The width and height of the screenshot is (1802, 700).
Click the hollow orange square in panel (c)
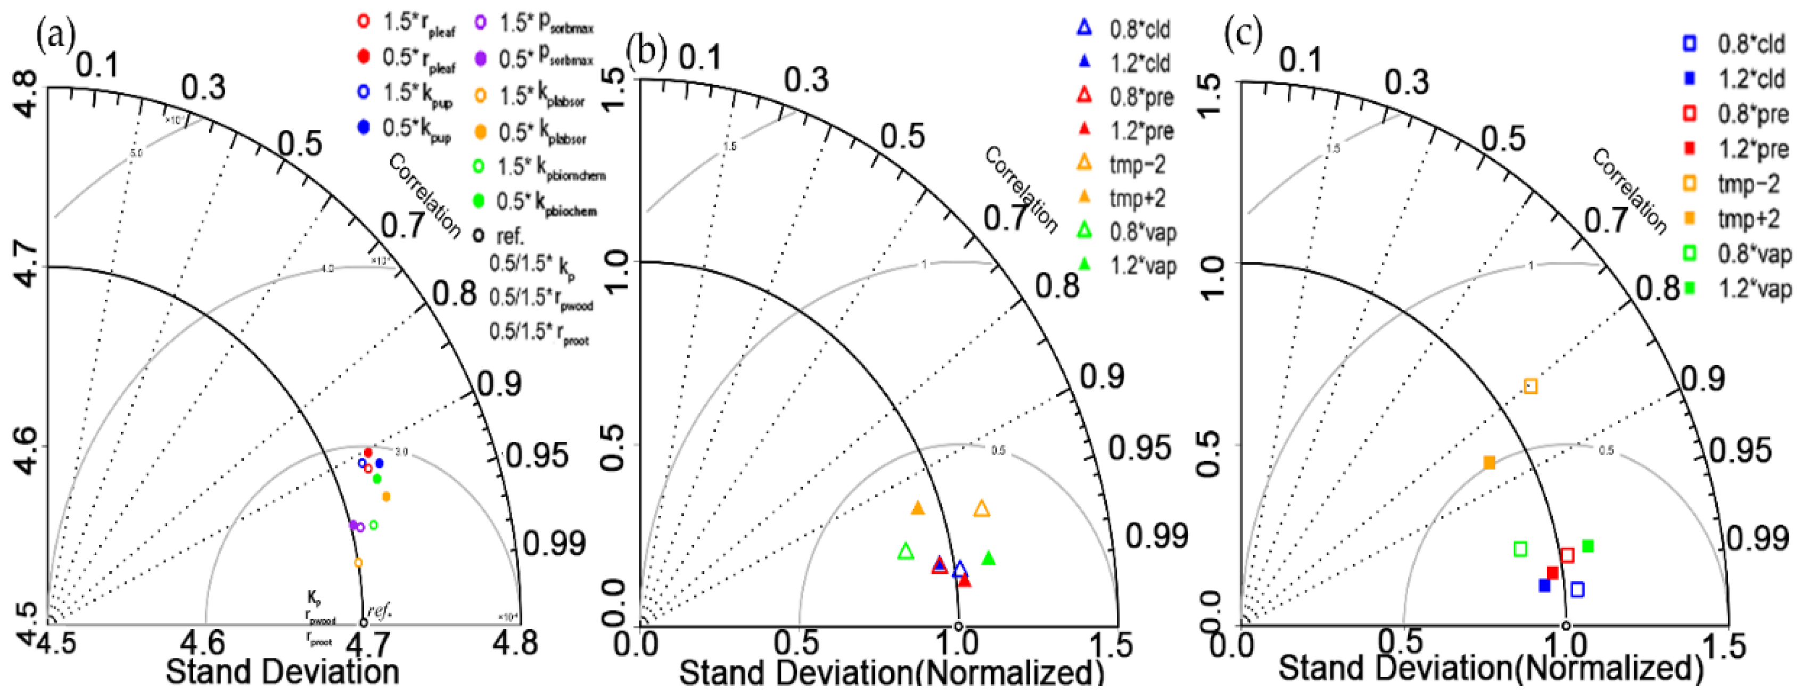pyautogui.click(x=1531, y=386)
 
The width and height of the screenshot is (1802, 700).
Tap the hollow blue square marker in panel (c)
pyautogui.click(x=1577, y=589)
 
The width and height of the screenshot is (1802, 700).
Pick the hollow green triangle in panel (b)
pyautogui.click(x=906, y=551)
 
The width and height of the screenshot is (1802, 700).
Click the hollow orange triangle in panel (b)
pyautogui.click(x=982, y=508)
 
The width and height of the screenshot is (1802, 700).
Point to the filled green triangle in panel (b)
pyautogui.click(x=989, y=558)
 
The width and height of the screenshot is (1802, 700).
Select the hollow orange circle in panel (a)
pyautogui.click(x=358, y=562)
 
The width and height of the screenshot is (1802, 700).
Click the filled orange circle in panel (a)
pyautogui.click(x=386, y=497)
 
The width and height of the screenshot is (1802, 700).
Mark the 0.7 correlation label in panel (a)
pyautogui.click(x=402, y=225)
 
